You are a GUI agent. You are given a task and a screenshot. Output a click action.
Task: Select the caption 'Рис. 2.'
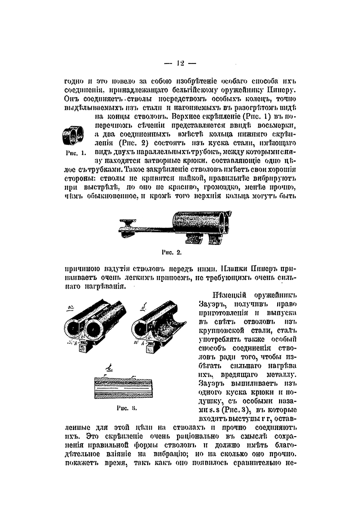172,251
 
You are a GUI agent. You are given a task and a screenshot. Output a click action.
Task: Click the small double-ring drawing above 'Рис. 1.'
74,135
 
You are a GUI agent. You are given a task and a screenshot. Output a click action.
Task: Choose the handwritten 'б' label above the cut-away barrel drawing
145,306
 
